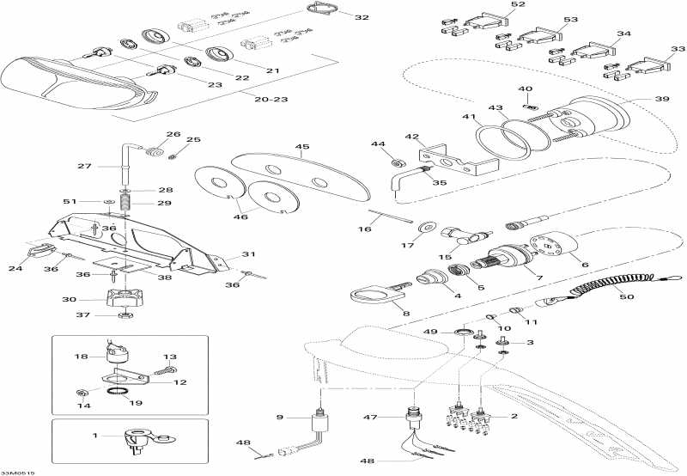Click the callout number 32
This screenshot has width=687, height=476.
362,17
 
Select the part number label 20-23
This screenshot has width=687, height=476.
271,100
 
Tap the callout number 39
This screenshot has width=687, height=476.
662,99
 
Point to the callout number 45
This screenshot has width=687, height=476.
302,147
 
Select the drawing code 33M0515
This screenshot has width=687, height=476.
17,473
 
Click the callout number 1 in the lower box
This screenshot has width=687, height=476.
94,436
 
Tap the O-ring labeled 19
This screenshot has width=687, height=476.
119,391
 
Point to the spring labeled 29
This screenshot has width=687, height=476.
126,204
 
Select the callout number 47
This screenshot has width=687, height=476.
371,418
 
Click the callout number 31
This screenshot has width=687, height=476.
248,254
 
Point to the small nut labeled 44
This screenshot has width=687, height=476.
398,163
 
